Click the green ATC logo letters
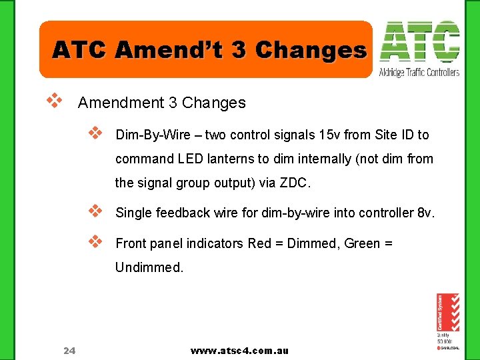[419, 42]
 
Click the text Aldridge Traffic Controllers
[419, 72]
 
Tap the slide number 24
[69, 350]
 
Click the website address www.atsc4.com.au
[239, 350]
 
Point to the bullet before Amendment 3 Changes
[54, 101]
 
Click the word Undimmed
[149, 268]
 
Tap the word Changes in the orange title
[311, 50]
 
